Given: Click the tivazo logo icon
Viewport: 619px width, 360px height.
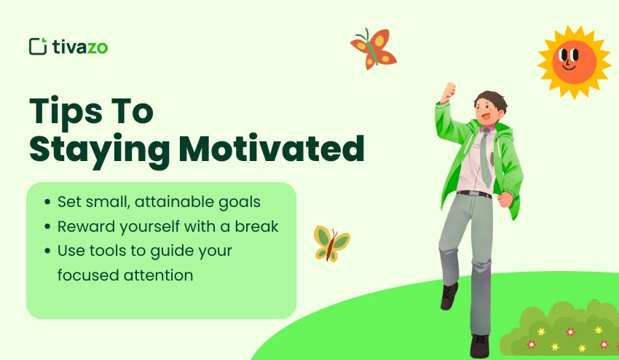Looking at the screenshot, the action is (x=38, y=46).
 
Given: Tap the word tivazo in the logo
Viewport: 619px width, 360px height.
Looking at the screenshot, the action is (x=80, y=47).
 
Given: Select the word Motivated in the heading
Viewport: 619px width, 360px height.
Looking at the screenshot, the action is (x=272, y=149).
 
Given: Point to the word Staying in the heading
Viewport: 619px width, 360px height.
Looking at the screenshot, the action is (x=100, y=152).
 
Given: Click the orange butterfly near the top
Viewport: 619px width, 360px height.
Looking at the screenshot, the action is (x=374, y=49).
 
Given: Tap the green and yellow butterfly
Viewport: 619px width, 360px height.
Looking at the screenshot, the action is (x=331, y=243).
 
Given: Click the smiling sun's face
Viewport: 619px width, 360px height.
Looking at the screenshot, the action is (x=574, y=62).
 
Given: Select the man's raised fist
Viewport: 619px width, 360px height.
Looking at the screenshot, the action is (x=448, y=92).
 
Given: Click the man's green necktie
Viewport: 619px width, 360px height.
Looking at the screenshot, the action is (x=486, y=157).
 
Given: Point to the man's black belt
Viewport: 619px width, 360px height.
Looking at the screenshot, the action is (x=474, y=194).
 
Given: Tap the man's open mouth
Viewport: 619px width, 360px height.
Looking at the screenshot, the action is (x=486, y=117).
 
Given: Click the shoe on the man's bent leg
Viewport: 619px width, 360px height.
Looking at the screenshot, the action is (x=449, y=296).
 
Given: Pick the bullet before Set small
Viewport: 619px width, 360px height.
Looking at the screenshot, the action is (x=48, y=202).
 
